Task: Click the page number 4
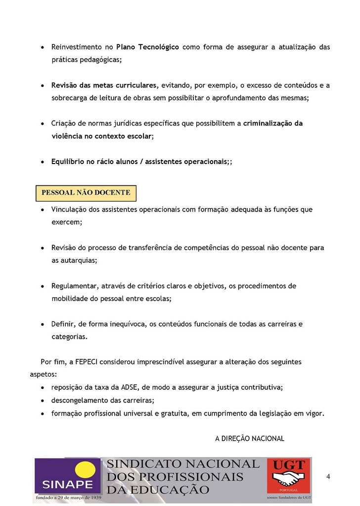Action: click(328, 476)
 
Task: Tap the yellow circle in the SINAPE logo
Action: click(86, 470)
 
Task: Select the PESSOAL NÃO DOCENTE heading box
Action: click(86, 193)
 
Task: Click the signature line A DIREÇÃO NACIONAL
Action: click(250, 438)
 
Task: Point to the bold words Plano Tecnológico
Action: click(147, 47)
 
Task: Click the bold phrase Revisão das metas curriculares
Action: click(105, 85)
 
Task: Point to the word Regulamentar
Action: click(75, 286)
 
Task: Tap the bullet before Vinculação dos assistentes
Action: click(43, 210)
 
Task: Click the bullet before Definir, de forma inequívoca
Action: click(43, 325)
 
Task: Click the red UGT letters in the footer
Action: click(289, 465)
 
